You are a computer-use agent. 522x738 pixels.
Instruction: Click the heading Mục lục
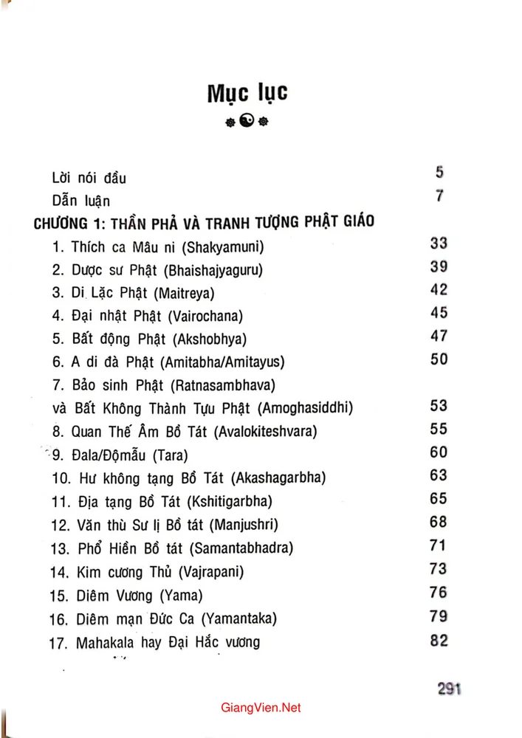247,94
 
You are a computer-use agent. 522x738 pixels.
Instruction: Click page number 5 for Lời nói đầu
439,173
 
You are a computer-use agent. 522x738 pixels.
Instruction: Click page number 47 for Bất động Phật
439,336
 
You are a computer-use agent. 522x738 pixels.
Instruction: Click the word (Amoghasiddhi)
303,407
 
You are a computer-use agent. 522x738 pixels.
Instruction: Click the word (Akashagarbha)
278,477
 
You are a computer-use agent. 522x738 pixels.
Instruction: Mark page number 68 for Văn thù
439,522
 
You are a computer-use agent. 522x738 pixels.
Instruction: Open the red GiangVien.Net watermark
261,707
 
